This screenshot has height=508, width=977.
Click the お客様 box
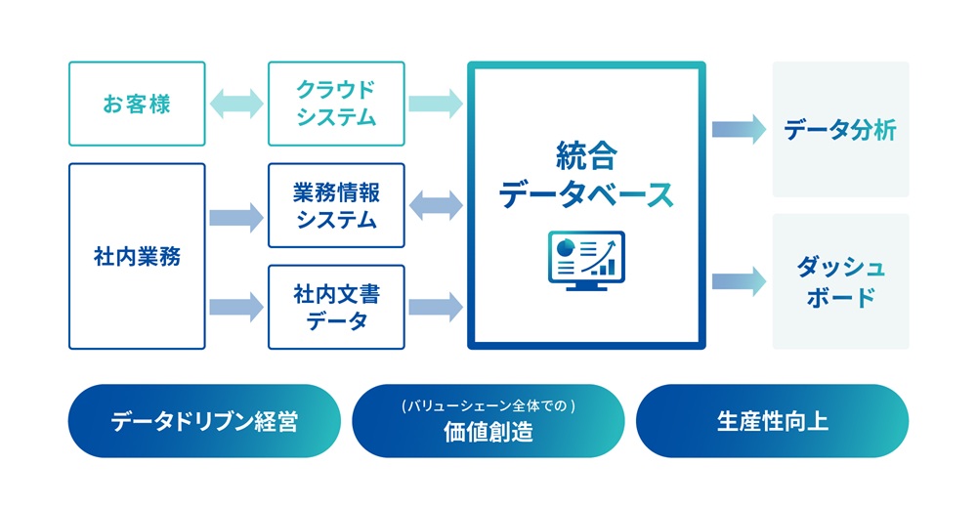pos(137,104)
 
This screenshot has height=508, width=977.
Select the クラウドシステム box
pos(336,104)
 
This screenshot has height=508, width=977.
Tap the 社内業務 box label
pos(137,257)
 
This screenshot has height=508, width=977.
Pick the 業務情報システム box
pos(336,205)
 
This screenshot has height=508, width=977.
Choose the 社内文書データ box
pos(336,307)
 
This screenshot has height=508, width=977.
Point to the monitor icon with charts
pos(586,260)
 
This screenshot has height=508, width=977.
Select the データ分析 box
pos(840,130)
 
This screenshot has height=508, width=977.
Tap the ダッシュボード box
pos(840,281)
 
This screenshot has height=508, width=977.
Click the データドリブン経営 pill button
pos(204,421)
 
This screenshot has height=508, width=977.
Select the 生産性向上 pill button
pos(772,421)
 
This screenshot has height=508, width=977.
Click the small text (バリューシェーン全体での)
pos(488,404)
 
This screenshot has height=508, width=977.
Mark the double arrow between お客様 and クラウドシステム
pos(236,104)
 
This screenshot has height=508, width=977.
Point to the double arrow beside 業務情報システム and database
pos(435,205)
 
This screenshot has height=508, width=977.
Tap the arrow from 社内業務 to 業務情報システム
pos(236,215)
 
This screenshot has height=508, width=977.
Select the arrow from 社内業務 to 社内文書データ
pos(236,307)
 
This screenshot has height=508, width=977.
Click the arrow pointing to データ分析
pos(739,130)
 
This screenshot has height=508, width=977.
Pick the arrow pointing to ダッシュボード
pos(739,281)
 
